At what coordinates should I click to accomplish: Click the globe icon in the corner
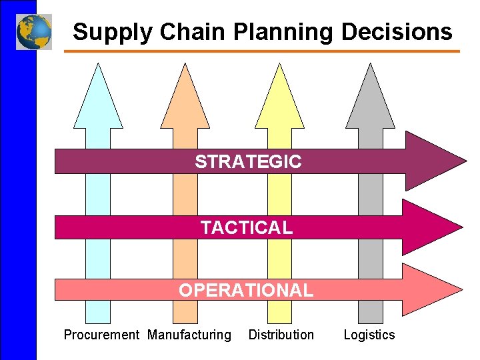coord(34,32)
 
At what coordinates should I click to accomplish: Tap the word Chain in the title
coord(176,31)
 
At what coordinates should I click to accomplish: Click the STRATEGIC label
coord(248,161)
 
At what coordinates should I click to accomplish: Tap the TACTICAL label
coord(247,227)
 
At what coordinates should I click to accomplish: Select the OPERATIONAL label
coord(245,290)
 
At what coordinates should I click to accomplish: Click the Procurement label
coord(101,335)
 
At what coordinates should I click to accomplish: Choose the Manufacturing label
coord(189,335)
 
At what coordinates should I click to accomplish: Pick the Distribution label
coord(281,335)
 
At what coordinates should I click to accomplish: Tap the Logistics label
coord(369,335)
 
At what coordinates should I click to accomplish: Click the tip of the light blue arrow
coord(98,67)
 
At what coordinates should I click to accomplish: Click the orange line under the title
coord(267,51)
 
